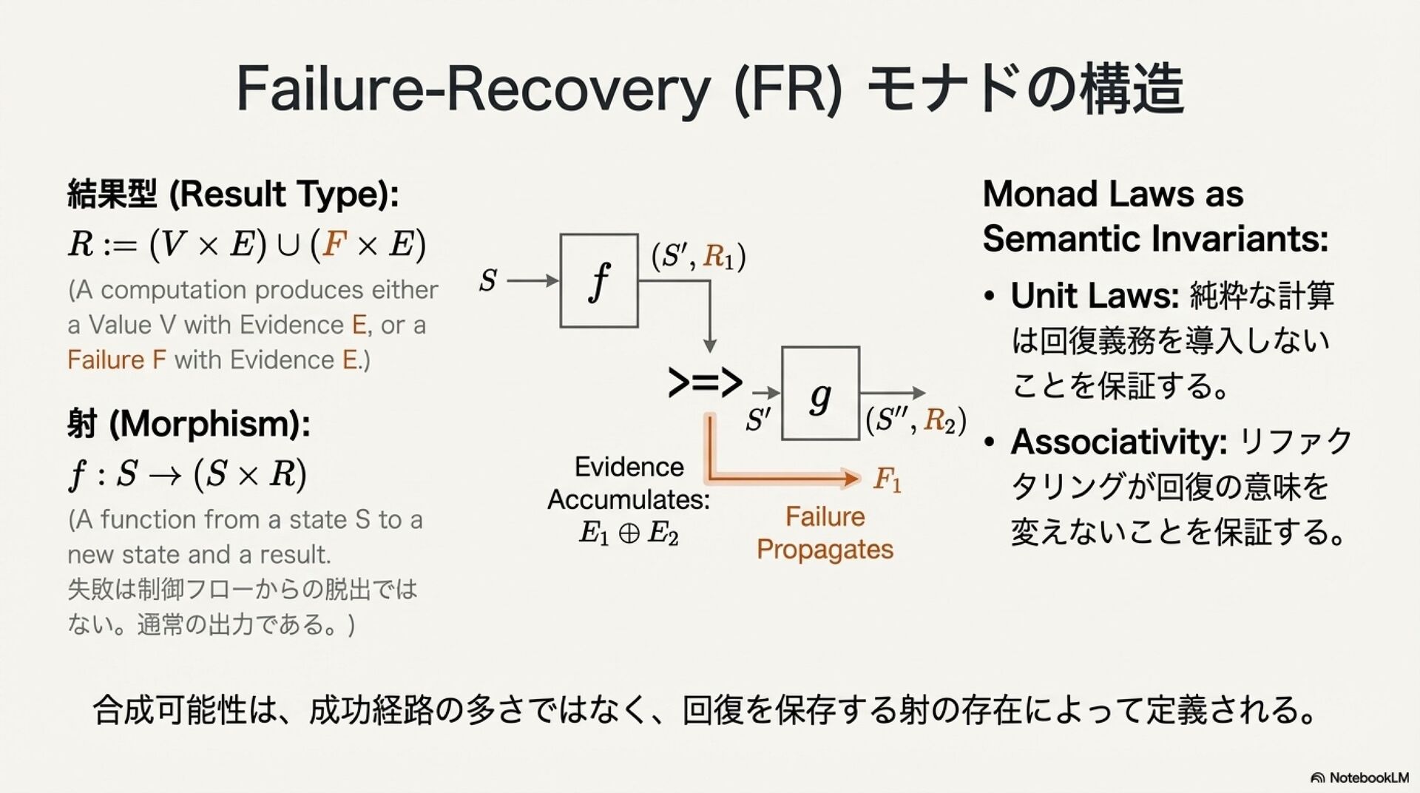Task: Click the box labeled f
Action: click(x=599, y=280)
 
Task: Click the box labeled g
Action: click(x=820, y=393)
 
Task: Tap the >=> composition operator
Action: click(x=705, y=382)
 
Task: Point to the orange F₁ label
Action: click(x=887, y=479)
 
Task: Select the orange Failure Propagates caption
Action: click(x=825, y=533)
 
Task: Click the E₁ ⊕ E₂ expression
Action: click(x=629, y=533)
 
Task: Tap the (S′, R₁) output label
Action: click(x=698, y=256)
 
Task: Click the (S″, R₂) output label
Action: click(x=916, y=420)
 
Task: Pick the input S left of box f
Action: click(x=488, y=280)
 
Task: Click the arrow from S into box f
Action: click(x=532, y=280)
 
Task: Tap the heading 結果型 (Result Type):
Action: click(x=233, y=194)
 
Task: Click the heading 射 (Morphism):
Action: click(x=189, y=424)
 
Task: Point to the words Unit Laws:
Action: click(x=1095, y=295)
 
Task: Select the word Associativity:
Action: click(x=1119, y=442)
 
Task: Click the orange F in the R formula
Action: click(x=335, y=243)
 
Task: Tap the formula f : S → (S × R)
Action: click(x=187, y=473)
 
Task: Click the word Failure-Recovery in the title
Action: click(x=473, y=89)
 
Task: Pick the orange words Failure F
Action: click(x=117, y=360)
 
